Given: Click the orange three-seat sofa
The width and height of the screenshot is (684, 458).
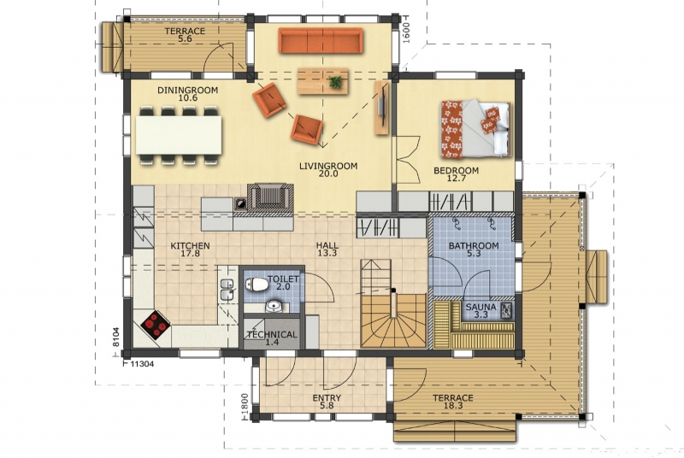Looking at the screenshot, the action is click(321, 40).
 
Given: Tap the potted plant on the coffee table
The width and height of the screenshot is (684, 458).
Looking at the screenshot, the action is click(335, 81).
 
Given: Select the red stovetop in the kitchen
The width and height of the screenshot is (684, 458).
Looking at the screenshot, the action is click(156, 325).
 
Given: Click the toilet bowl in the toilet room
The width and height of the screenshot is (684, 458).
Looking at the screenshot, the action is click(256, 285).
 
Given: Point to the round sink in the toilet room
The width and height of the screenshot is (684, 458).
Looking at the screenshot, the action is click(274, 306).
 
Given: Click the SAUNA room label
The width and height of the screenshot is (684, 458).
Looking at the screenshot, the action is click(481, 307).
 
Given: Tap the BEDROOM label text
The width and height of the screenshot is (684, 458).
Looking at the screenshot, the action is click(456, 170).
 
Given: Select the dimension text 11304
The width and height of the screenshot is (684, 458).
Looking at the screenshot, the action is click(142, 364).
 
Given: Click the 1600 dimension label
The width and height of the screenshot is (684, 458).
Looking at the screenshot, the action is click(405, 32).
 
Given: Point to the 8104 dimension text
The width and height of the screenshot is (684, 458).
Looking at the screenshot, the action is click(115, 337).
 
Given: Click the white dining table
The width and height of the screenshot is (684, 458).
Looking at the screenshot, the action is click(179, 134).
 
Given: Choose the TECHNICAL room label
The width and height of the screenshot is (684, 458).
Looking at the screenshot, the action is click(272, 335).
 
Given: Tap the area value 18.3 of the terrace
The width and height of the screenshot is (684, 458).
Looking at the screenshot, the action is click(453, 406).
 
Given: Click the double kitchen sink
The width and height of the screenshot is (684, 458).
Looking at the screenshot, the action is click(227, 290).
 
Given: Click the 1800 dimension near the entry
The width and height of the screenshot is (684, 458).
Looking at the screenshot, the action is click(245, 404).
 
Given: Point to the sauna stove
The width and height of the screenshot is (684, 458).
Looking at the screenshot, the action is click(507, 310).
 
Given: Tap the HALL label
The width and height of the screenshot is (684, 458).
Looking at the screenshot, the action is click(327, 246).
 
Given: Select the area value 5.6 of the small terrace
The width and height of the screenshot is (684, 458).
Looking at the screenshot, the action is click(185, 38).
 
